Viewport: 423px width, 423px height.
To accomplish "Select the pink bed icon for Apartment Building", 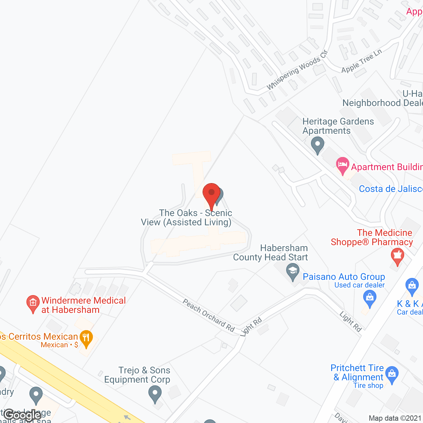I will [x=343, y=165].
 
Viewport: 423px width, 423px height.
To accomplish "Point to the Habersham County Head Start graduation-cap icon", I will [x=292, y=271].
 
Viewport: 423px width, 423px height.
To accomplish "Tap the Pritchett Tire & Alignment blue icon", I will [x=392, y=374].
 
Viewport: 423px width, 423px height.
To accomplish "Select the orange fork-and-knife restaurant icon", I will [x=86, y=338].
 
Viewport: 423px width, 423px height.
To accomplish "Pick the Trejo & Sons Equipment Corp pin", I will [x=155, y=394].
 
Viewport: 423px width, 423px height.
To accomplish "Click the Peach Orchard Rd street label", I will [x=209, y=316].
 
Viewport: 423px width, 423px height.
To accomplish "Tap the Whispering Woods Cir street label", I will [x=297, y=70].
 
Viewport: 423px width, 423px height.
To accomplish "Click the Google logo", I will [x=22, y=415].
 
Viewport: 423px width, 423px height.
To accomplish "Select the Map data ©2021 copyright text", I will [x=395, y=418].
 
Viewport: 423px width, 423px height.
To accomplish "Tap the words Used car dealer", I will [x=360, y=285].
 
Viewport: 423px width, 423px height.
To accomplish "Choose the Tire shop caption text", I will [x=368, y=385].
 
